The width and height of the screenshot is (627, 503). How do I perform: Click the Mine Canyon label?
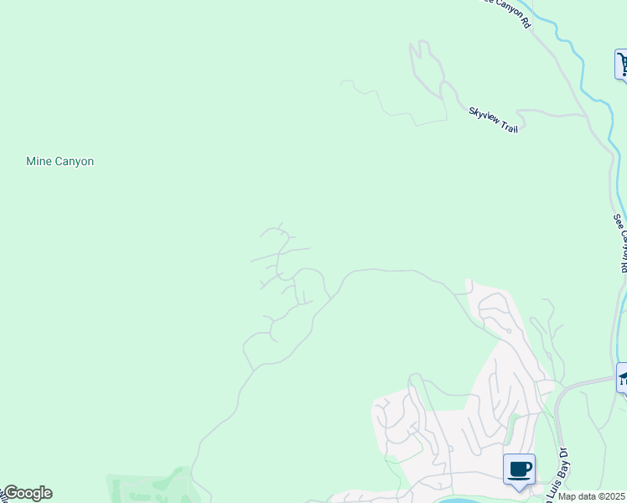(60, 161)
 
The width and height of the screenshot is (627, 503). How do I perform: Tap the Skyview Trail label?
(494, 120)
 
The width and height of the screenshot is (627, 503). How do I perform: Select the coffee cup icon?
(519, 469)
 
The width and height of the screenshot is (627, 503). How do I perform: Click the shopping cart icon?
(622, 64)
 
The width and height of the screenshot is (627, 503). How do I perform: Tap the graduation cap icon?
(622, 377)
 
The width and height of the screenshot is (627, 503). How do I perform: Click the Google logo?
(27, 493)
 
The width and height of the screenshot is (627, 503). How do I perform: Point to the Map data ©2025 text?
(592, 496)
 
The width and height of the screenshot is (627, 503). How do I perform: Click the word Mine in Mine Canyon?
(39, 161)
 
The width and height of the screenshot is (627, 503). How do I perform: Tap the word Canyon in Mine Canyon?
(75, 161)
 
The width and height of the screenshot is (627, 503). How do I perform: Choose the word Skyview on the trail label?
(484, 115)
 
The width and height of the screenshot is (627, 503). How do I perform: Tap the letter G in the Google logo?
(11, 493)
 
